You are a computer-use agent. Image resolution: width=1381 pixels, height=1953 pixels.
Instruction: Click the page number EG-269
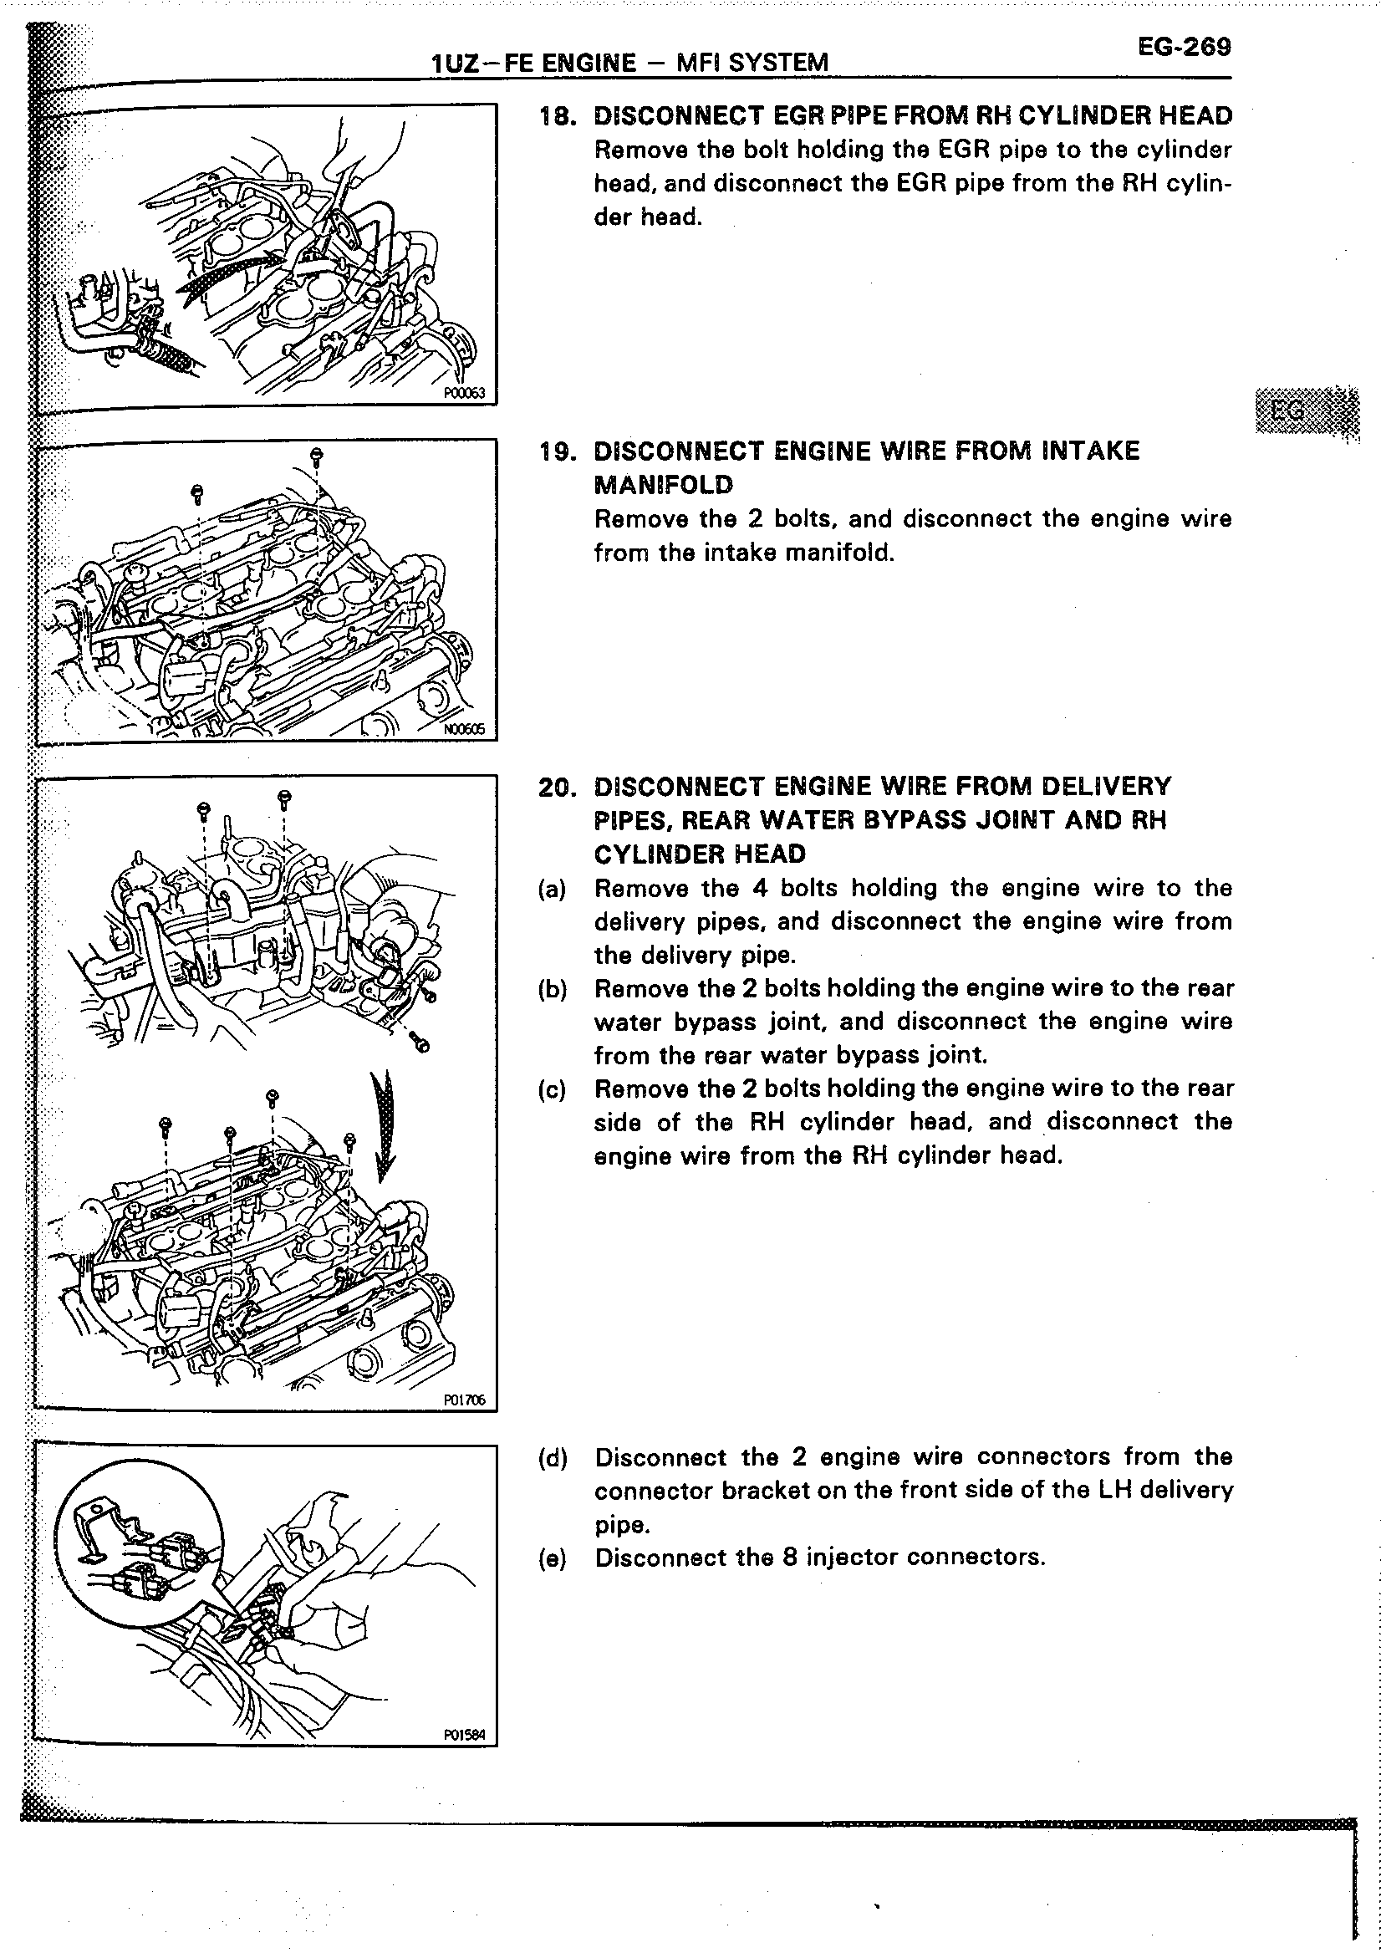click(1184, 46)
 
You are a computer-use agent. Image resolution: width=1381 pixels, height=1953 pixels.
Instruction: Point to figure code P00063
click(463, 392)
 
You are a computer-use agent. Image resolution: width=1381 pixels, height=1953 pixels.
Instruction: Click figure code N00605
click(463, 728)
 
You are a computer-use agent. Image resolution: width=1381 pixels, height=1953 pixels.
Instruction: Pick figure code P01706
click(463, 1400)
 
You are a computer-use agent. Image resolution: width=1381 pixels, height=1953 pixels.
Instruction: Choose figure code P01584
click(463, 1736)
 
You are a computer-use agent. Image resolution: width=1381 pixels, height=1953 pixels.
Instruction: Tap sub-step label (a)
click(552, 890)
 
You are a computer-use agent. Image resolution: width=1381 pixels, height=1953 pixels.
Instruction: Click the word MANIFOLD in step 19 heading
click(662, 485)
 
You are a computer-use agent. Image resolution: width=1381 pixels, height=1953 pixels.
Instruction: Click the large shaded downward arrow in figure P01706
click(385, 1125)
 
